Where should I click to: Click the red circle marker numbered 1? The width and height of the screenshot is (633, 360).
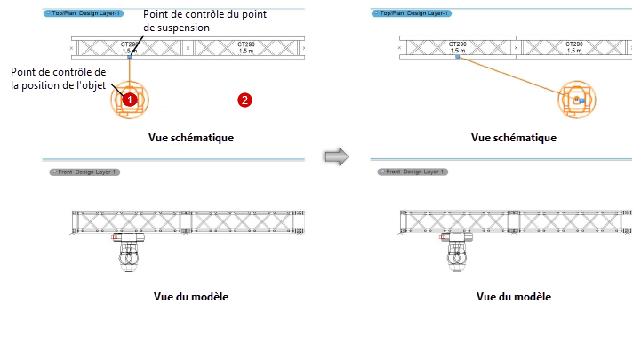(130, 100)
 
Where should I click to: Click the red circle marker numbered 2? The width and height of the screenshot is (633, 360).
(245, 100)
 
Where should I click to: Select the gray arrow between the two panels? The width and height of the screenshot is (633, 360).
(334, 156)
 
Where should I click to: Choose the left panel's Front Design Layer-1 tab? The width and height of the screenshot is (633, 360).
(85, 171)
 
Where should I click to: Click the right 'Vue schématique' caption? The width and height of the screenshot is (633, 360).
(513, 138)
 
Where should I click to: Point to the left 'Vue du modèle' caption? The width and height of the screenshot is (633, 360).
(191, 296)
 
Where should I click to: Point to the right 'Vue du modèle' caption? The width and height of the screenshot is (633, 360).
(514, 296)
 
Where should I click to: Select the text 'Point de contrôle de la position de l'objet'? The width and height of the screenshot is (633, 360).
(58, 78)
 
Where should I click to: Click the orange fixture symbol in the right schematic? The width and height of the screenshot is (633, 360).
(576, 101)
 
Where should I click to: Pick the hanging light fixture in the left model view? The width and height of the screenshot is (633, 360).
(131, 249)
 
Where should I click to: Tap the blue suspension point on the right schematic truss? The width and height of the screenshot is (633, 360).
(456, 57)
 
